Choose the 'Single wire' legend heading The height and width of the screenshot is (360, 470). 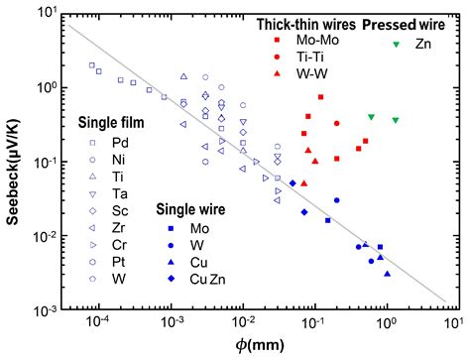(x=195, y=209)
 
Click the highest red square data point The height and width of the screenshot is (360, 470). (x=321, y=97)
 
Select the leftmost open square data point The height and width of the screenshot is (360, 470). (x=92, y=66)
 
